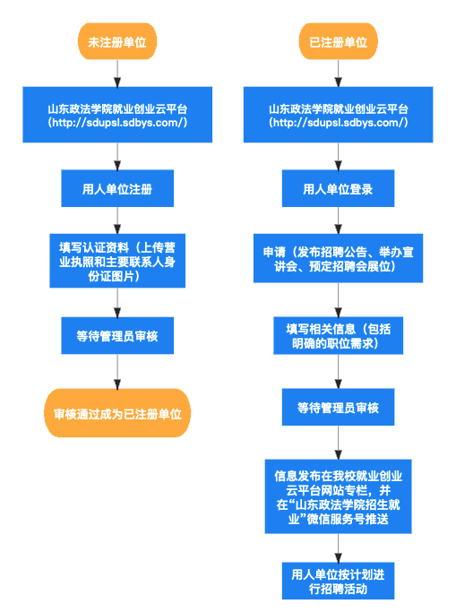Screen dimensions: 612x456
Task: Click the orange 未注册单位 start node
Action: [x=117, y=42]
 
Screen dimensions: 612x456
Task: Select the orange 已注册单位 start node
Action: [x=338, y=42]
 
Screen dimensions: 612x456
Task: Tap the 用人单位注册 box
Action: [x=117, y=189]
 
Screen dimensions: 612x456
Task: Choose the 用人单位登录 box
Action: [x=338, y=189]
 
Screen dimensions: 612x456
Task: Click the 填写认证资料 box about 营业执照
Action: [x=117, y=261]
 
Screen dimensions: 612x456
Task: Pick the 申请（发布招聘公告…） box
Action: [x=338, y=259]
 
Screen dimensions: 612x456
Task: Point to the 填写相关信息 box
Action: [x=338, y=335]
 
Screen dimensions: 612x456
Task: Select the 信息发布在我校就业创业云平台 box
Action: [x=338, y=496]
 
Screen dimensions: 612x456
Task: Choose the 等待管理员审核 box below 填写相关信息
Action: [x=338, y=408]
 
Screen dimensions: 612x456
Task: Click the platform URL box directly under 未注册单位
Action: [x=117, y=115]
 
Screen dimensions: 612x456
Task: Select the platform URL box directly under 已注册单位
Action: [x=338, y=115]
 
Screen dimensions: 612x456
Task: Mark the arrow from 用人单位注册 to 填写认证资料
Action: [x=117, y=220]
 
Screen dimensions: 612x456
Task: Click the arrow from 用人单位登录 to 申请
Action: [x=338, y=220]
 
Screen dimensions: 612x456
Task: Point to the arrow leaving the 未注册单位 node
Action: [x=117, y=73]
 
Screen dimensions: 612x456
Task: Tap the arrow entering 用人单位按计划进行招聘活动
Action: [x=338, y=548]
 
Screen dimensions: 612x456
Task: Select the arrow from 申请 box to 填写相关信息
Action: [x=338, y=297]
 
